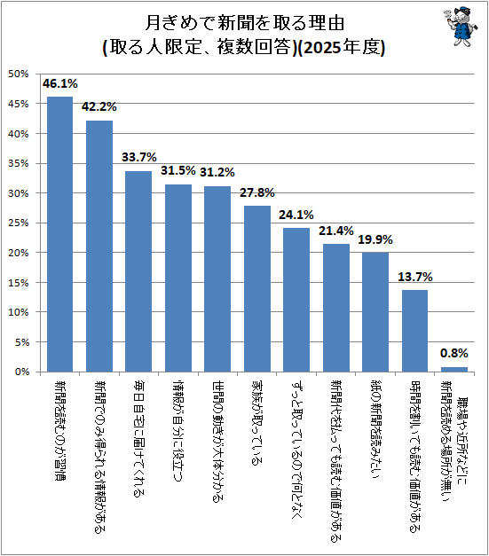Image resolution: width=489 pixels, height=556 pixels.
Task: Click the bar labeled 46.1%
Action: point(60,234)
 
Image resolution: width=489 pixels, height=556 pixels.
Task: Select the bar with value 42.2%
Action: point(99,247)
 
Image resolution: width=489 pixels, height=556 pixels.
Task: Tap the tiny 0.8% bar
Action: point(454,370)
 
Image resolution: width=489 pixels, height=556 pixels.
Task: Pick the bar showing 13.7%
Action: point(414,331)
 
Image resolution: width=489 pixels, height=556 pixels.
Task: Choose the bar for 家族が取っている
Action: point(257,288)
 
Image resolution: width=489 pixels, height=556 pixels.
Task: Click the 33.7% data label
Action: point(139,157)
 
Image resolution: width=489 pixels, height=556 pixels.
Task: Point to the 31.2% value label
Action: point(217,172)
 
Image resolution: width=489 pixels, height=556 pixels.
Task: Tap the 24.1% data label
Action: point(296,215)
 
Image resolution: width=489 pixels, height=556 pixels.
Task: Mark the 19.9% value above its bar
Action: point(375,239)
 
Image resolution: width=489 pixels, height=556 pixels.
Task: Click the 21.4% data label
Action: point(336,231)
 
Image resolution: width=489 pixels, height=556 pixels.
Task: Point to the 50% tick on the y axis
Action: point(19,74)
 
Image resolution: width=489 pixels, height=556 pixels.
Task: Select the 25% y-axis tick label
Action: point(19,223)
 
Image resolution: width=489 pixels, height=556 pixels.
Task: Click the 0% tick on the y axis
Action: point(22,372)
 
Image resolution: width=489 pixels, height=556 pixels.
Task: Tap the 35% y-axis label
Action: point(19,163)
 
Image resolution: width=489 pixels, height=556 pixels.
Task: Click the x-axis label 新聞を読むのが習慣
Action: point(60,431)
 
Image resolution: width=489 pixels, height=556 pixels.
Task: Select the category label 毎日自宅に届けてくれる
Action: point(138,439)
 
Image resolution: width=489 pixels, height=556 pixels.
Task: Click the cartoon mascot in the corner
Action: point(460,26)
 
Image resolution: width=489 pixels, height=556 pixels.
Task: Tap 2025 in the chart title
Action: point(321,48)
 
